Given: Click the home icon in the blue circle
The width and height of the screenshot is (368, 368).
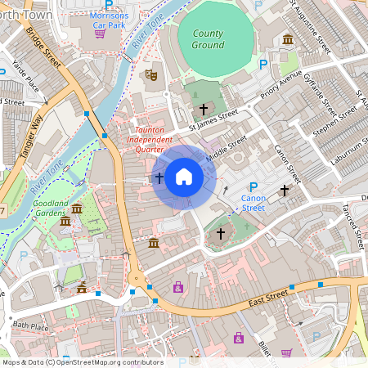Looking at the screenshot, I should [x=184, y=177].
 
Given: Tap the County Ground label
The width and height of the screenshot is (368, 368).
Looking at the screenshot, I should [x=208, y=39].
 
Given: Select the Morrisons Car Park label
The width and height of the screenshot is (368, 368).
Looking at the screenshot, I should [x=110, y=20].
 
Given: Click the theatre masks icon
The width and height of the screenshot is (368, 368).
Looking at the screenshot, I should [x=150, y=74].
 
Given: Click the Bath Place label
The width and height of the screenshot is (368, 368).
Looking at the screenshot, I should [x=30, y=325].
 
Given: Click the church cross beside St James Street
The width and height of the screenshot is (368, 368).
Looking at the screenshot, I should [x=204, y=109].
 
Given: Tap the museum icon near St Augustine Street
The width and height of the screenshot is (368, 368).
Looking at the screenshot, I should [x=288, y=39].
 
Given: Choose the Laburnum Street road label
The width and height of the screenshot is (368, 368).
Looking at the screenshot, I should [x=347, y=150].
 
